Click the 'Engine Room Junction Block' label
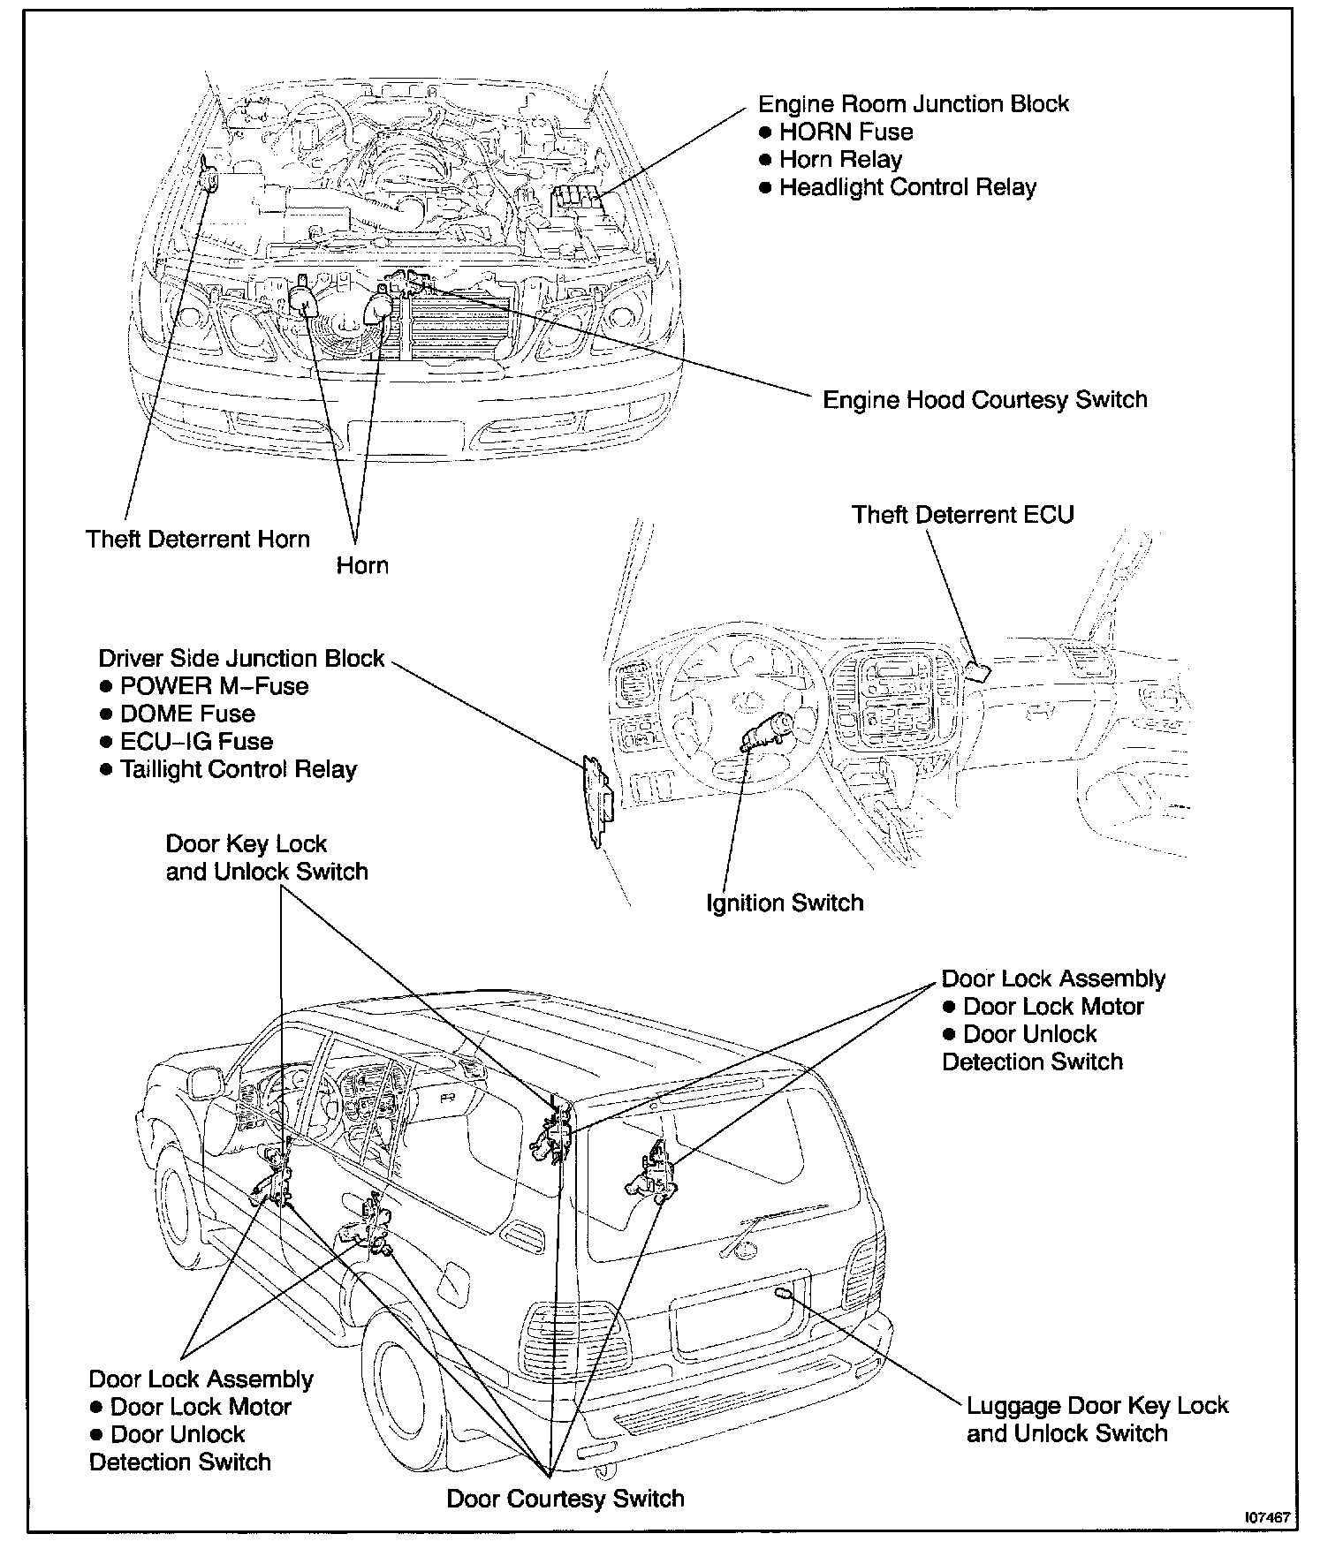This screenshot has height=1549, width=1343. (914, 104)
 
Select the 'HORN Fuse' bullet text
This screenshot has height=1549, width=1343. (846, 132)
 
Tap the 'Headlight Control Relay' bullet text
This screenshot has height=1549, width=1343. (907, 187)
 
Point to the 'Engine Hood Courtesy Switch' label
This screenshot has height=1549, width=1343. (984, 399)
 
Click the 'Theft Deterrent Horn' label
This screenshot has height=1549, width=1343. (198, 539)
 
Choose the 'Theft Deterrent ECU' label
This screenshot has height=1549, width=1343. (962, 514)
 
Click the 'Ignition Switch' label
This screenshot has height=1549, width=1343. (785, 903)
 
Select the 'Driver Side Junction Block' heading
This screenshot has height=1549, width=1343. (241, 658)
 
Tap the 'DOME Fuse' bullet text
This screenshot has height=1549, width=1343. (187, 714)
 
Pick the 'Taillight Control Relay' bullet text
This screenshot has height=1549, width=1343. (238, 769)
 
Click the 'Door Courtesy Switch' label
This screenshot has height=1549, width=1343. (565, 1499)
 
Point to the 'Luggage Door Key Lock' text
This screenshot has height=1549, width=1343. (1097, 1405)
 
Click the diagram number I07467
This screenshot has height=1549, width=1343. (1268, 1517)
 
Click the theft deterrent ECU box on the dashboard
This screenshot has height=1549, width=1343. (977, 672)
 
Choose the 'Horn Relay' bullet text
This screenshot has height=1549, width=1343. (840, 160)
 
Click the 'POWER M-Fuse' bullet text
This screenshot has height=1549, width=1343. (214, 686)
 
